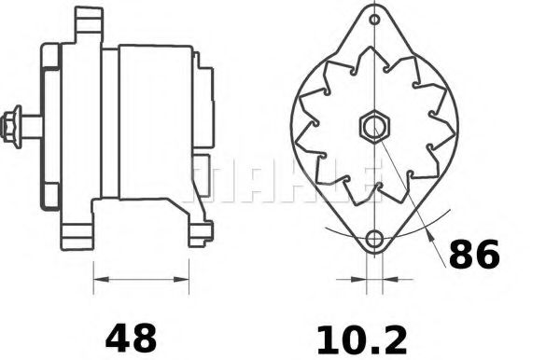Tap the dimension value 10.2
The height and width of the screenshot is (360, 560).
[362, 340]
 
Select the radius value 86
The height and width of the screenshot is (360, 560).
[474, 254]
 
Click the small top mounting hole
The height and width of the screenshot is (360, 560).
[374, 19]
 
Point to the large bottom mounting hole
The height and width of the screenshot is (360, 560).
[374, 239]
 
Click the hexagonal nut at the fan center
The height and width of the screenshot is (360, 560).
[374, 127]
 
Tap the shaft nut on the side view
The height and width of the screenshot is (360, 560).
[10, 127]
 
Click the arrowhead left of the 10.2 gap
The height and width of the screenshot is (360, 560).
[359, 279]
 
